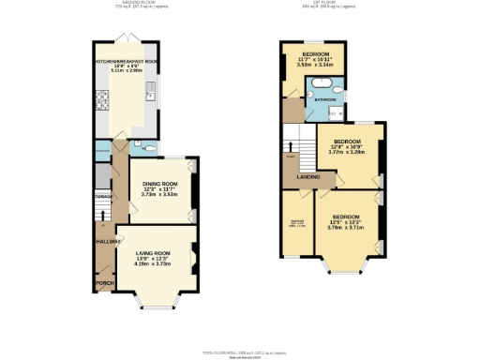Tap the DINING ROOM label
click(158, 185)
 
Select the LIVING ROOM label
click(155, 253)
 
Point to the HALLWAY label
click(103, 242)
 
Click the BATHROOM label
click(324, 97)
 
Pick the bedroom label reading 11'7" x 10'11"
click(314, 60)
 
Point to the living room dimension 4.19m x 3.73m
click(155, 264)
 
